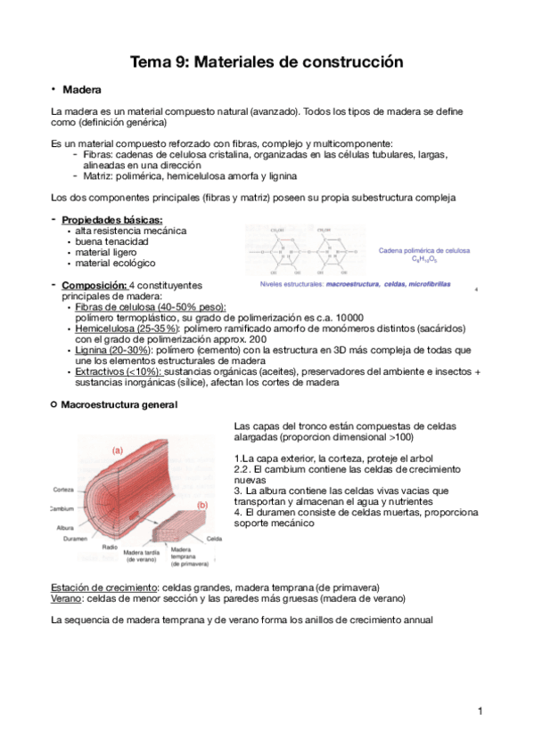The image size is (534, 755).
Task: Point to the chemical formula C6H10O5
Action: pos(425,260)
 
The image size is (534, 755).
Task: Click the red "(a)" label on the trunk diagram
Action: pos(117,451)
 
